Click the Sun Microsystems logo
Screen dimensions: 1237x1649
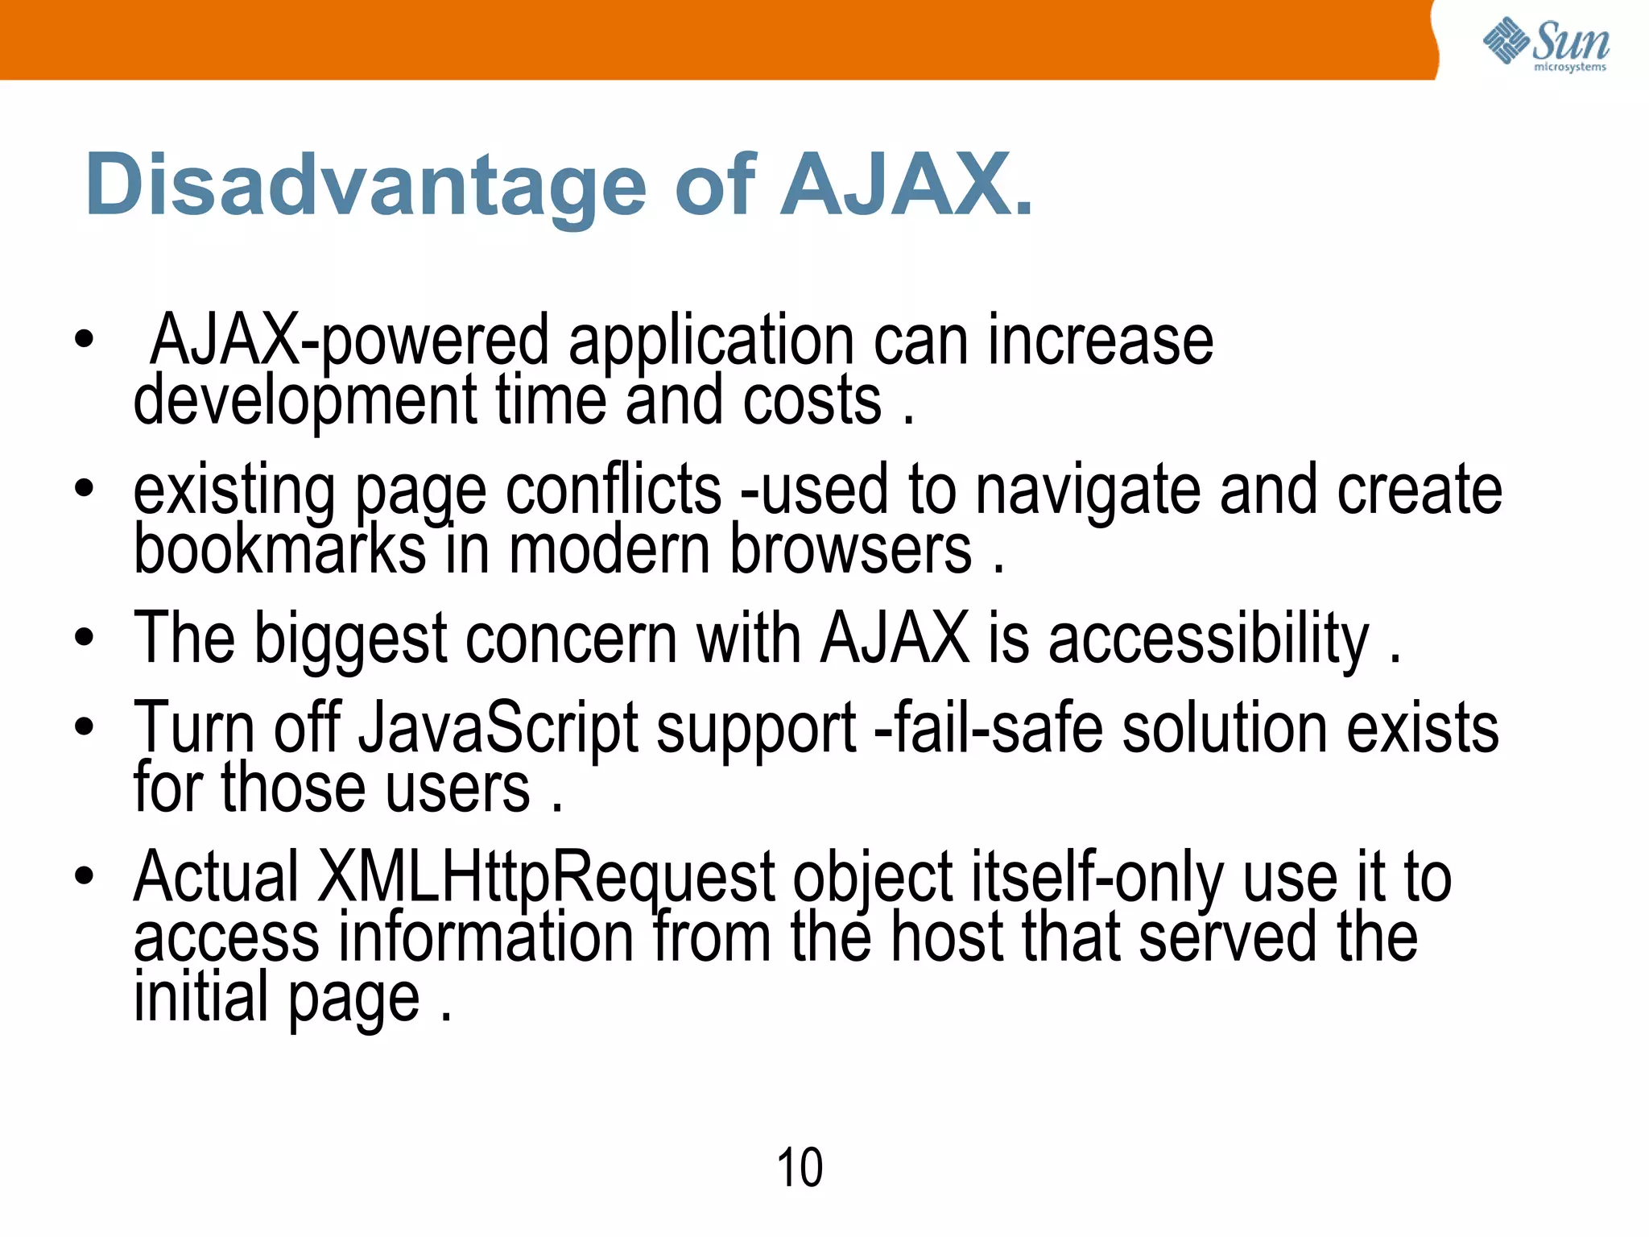[1545, 43]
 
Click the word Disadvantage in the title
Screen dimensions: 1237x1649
[366, 186]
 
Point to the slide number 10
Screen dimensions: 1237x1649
[800, 1167]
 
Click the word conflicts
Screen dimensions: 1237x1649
[614, 490]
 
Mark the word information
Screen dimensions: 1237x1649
[486, 937]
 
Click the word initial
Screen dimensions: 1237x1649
[200, 997]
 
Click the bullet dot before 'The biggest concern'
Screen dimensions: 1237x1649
[84, 639]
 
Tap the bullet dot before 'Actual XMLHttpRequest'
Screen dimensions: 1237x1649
[84, 875]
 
